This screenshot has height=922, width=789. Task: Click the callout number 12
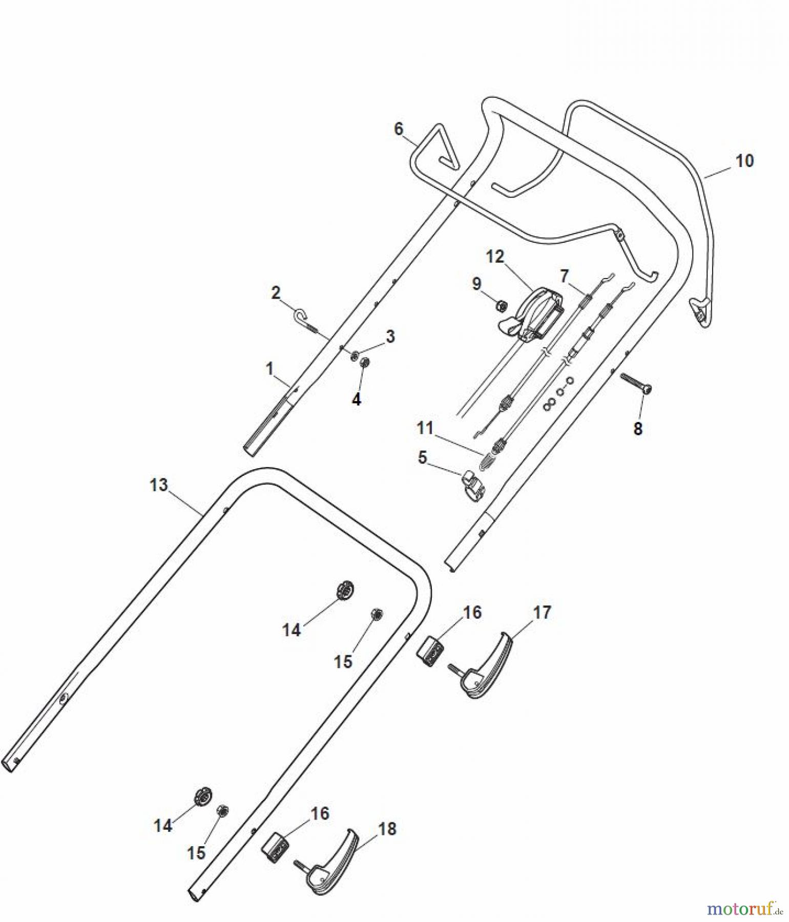pos(495,257)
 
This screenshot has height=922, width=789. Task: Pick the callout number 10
pos(744,161)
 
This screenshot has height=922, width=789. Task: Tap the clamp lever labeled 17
pos(485,666)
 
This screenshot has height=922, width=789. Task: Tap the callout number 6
pos(399,129)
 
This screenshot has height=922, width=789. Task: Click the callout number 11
pos(425,427)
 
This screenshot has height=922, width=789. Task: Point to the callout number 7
pos(564,277)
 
